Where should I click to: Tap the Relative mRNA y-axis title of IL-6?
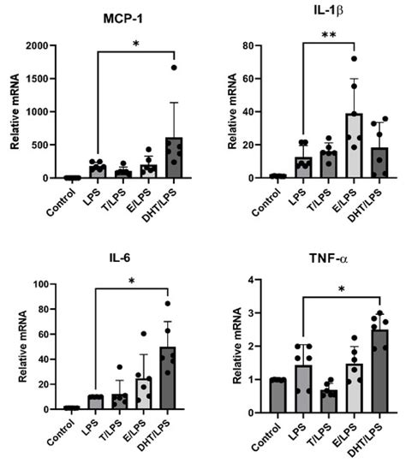click(x=12, y=347)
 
